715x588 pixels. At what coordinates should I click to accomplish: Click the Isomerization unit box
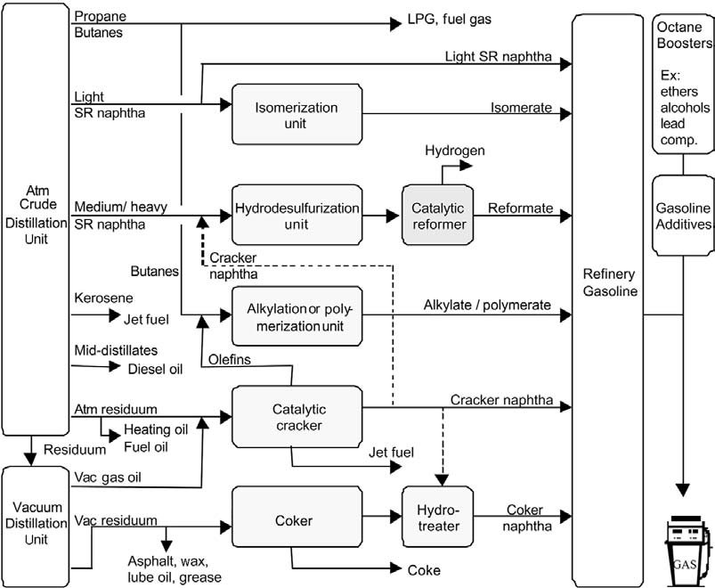(x=297, y=114)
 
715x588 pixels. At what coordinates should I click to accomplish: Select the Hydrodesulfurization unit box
(x=297, y=215)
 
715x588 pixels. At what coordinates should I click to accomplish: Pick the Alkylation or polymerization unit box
(x=297, y=316)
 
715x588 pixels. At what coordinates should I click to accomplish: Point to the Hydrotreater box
(x=437, y=517)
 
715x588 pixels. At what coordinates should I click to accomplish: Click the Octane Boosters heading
(x=684, y=35)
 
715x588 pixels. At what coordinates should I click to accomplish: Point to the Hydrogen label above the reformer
(x=454, y=151)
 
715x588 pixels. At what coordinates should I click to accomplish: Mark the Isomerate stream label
(x=521, y=107)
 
